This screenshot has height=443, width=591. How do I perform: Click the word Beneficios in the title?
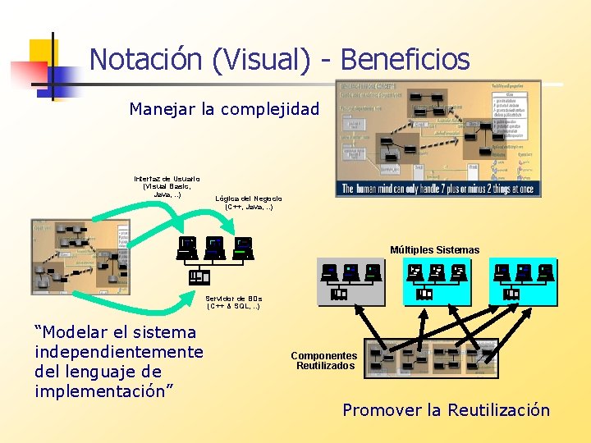coord(405,59)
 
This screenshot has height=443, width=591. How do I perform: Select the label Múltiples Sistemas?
coord(434,249)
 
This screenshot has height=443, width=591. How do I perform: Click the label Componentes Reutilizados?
coord(324,361)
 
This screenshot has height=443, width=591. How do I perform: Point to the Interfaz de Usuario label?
coord(167,186)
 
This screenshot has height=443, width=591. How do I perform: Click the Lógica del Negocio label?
coord(249,203)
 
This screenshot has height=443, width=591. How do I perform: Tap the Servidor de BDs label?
coord(234,302)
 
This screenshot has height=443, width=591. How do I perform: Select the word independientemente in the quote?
coord(119,352)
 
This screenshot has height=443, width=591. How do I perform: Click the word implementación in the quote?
coord(103,391)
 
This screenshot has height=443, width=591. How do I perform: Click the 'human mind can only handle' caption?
coord(438,189)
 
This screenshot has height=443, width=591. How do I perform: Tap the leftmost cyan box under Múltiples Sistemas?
coord(350,281)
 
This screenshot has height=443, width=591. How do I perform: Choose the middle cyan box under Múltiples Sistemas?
coord(436,281)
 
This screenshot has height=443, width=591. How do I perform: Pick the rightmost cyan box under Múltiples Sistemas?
coord(523,281)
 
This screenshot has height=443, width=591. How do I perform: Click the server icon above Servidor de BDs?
coord(199,276)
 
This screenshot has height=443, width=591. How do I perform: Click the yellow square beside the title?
coord(43,53)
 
